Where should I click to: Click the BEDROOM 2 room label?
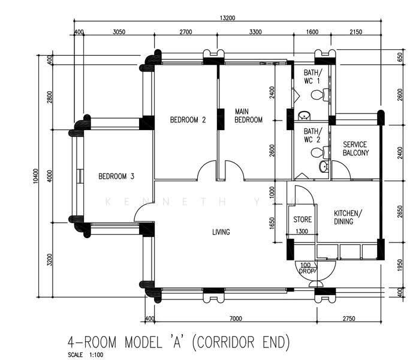188,119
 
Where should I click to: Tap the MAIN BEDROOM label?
248,116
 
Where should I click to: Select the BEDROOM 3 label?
116,176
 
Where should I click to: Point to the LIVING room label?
221,232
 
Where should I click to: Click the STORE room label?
303,220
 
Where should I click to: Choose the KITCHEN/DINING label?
348,217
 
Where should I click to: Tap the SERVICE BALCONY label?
355,148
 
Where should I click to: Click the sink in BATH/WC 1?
304,116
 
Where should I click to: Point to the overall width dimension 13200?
227,18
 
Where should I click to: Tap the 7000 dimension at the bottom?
236,318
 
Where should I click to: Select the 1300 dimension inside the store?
302,231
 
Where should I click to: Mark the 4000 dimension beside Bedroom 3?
50,176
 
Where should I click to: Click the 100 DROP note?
306,268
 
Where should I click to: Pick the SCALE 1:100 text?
86,355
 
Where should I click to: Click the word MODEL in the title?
143,342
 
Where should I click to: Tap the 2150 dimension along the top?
356,32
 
